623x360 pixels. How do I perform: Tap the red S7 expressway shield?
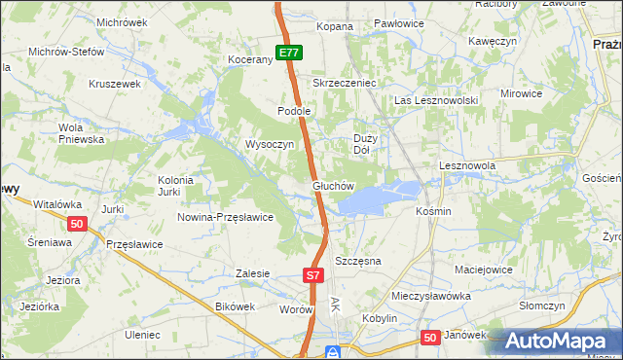click(312, 276)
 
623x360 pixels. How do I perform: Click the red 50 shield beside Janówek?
click(431, 337)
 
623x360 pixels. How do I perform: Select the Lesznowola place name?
click(467, 166)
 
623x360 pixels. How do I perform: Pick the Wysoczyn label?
click(270, 144)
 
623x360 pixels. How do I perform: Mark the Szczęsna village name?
click(357, 262)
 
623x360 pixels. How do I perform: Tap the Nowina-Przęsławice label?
click(225, 217)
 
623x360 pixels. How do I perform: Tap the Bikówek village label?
click(234, 306)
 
